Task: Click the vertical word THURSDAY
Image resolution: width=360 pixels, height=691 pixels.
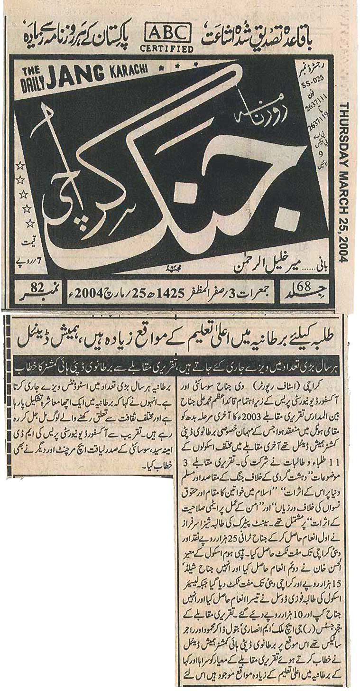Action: click(343, 126)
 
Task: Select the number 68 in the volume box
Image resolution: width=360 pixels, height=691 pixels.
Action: click(304, 285)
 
